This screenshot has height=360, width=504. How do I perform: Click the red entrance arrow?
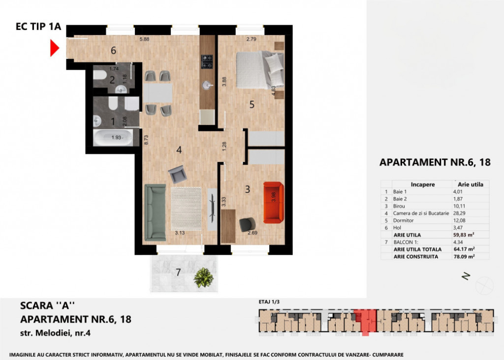[55, 48]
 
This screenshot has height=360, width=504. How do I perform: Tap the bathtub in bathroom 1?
[113, 137]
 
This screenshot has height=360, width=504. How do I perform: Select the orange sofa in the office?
[274, 201]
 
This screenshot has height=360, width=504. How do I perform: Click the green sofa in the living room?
[155, 211]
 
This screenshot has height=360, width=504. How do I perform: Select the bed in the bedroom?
[260, 67]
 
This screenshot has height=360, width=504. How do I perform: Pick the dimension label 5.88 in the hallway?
[145, 40]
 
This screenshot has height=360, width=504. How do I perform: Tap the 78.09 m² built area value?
[464, 257]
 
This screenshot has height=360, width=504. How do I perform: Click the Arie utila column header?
[470, 185]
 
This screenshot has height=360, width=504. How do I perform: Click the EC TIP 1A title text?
[38, 28]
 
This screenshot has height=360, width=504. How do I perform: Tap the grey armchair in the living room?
[176, 174]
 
